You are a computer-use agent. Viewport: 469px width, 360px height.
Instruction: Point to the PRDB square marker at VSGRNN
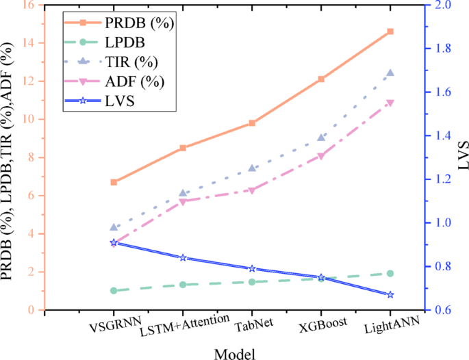click(114, 182)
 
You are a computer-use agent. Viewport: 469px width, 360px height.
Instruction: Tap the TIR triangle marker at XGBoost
click(321, 138)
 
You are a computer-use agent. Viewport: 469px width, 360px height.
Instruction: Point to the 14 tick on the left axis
click(31, 42)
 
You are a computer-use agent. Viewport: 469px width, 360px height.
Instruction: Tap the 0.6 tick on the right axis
click(441, 310)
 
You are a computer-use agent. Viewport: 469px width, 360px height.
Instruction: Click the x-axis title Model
click(234, 352)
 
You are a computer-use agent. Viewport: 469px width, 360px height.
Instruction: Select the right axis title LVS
click(463, 156)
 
